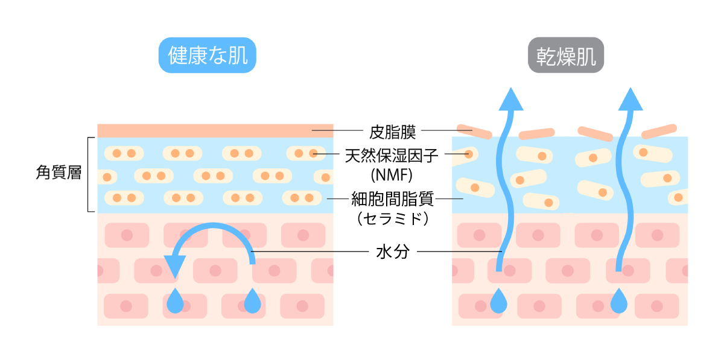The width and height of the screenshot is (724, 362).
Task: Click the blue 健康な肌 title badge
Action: [207, 56]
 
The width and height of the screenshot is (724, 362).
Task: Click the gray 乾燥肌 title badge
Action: [566, 56]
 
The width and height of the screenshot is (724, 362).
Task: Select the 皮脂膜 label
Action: [392, 130]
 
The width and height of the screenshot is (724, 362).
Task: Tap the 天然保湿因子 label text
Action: [392, 157]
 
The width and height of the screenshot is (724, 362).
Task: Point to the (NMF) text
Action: [392, 176]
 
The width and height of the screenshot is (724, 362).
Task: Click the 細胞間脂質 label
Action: [392, 198]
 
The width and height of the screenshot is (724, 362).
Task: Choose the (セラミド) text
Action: [392, 217]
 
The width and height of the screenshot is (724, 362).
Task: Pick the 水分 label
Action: [392, 252]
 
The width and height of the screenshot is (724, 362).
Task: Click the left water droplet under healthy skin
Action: [175, 301]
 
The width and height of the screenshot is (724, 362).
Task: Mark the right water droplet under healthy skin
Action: [252, 301]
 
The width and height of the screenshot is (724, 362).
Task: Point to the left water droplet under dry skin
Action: [498, 301]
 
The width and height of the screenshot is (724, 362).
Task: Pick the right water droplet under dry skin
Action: [618, 301]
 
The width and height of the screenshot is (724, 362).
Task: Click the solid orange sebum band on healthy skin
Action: [215, 130]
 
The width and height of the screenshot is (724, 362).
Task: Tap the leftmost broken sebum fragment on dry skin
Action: [473, 130]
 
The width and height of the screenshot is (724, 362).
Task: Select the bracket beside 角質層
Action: [90, 174]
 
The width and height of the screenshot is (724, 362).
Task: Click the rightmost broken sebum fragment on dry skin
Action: [659, 132]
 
